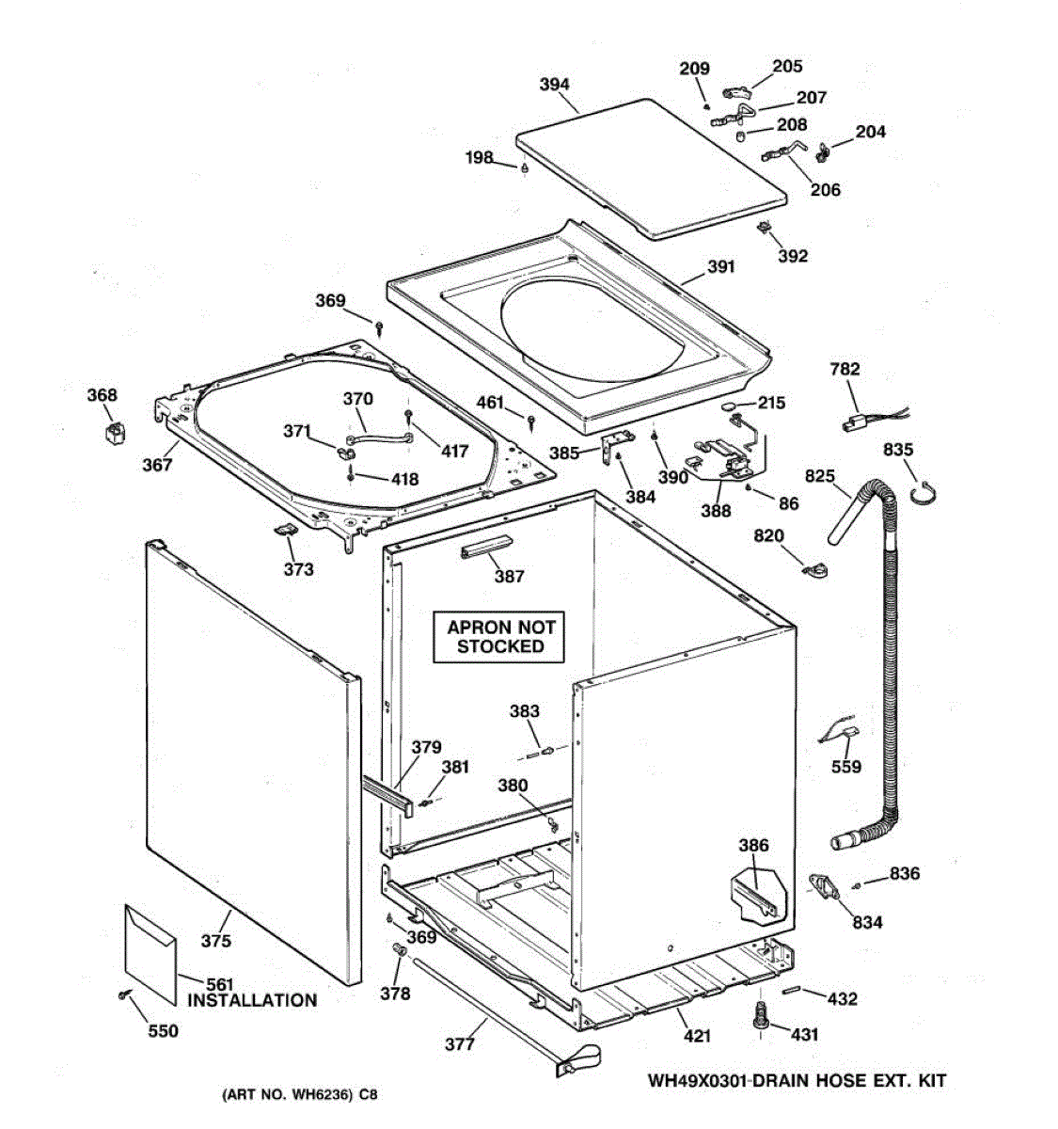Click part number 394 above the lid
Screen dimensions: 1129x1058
(x=554, y=85)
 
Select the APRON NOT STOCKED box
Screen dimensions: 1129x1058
(x=500, y=637)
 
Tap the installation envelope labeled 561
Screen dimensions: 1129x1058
(x=150, y=951)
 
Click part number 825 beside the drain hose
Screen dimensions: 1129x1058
(x=819, y=477)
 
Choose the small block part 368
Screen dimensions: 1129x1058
(x=115, y=433)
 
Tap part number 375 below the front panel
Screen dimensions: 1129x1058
(x=215, y=941)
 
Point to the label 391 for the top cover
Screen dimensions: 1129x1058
(x=720, y=267)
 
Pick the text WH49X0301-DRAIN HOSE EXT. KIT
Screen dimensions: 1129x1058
(x=797, y=1080)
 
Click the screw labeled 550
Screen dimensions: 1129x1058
(x=123, y=995)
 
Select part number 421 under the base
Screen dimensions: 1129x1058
(x=697, y=1036)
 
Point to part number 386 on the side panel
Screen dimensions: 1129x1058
(x=753, y=846)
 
